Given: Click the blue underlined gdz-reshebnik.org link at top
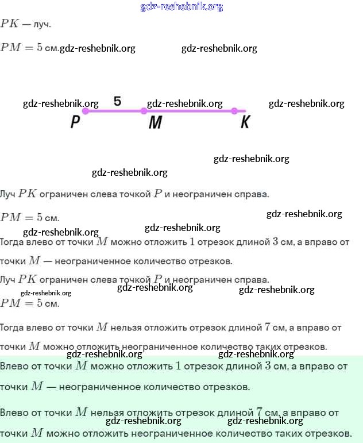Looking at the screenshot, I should click(181, 7).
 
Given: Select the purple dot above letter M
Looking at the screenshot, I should click(144, 111).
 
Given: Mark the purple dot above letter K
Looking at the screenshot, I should click(234, 111).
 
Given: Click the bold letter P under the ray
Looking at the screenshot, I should click(75, 122).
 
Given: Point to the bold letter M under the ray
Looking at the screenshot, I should click(155, 122).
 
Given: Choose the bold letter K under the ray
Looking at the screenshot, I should click(245, 122).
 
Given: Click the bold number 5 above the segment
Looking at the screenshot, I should click(117, 101).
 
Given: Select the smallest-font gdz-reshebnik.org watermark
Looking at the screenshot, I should click(45, 293).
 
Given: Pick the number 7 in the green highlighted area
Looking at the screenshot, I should click(260, 412).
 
